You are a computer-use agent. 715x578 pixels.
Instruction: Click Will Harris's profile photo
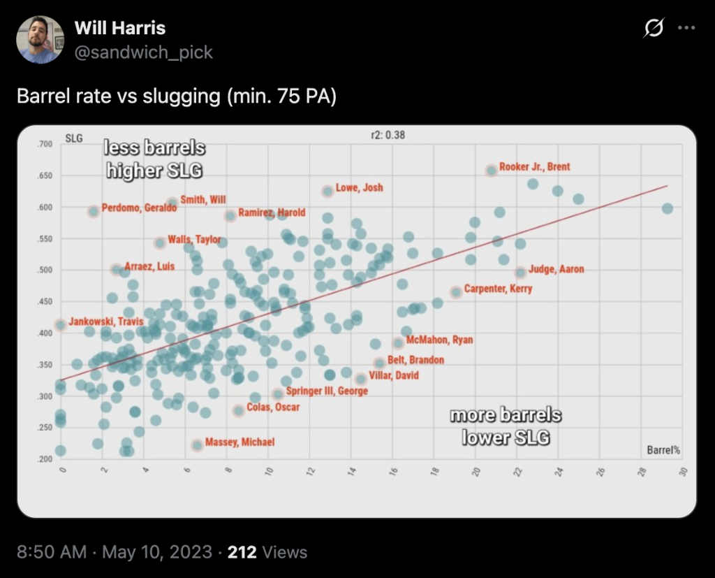(40, 40)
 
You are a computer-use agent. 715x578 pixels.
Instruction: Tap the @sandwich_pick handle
(143, 52)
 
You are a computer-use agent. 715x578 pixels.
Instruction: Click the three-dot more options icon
(687, 29)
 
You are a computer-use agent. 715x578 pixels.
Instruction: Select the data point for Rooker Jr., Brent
(492, 171)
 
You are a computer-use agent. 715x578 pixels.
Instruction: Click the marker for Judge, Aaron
(520, 273)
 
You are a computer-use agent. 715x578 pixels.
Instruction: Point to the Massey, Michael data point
(198, 445)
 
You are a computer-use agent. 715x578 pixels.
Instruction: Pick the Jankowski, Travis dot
(61, 324)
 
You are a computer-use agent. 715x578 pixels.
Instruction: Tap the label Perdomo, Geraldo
(134, 208)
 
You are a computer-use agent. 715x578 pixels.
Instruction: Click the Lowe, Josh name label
(359, 188)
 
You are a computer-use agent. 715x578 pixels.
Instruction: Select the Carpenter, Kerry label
(497, 289)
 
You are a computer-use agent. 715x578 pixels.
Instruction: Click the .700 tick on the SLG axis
(44, 144)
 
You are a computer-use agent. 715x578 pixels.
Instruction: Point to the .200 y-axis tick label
(44, 459)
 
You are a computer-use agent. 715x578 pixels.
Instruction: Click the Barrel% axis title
(663, 450)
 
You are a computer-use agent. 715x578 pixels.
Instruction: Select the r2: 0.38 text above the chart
(388, 135)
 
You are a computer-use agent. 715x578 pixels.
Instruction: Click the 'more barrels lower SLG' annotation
(506, 426)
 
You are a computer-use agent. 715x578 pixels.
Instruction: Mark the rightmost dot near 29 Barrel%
(667, 208)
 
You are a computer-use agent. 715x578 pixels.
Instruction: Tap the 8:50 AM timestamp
(51, 552)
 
